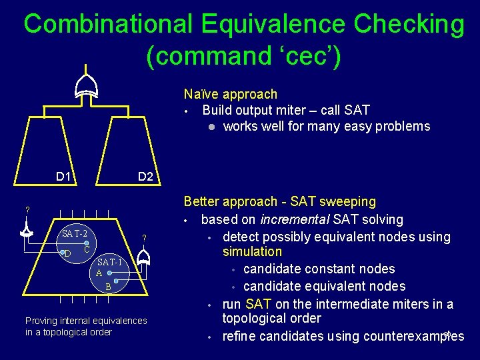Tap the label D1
point(63,177)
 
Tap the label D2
point(145,177)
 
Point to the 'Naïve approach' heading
point(230,95)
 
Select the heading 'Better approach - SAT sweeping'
point(279,201)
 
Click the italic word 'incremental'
point(294,219)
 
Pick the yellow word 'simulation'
point(252,251)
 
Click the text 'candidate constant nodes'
point(319,269)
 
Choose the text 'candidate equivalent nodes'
point(324,286)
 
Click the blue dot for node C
point(87,245)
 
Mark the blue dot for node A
point(109,273)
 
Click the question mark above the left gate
point(27,211)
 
